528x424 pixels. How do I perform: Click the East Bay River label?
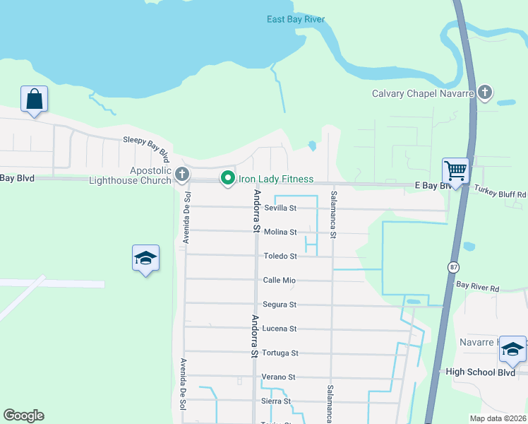[296, 19]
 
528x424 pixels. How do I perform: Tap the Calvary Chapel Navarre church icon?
[484, 92]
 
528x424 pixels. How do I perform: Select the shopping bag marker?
[34, 100]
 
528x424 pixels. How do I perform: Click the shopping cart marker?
[455, 170]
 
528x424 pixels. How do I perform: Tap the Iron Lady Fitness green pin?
[227, 179]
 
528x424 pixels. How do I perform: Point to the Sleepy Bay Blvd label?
[146, 146]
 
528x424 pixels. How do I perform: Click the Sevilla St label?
[280, 208]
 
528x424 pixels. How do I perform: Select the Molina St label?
[280, 232]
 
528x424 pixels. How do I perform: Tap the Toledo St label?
[280, 257]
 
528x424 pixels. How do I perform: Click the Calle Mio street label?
[280, 281]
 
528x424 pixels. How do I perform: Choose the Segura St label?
[280, 305]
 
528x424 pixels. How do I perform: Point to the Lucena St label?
[280, 329]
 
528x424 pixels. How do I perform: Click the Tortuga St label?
[280, 353]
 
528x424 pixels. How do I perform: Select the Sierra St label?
[277, 401]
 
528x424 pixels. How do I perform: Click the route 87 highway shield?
[453, 266]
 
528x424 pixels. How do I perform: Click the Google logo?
[23, 416]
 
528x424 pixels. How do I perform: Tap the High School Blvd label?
[476, 372]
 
